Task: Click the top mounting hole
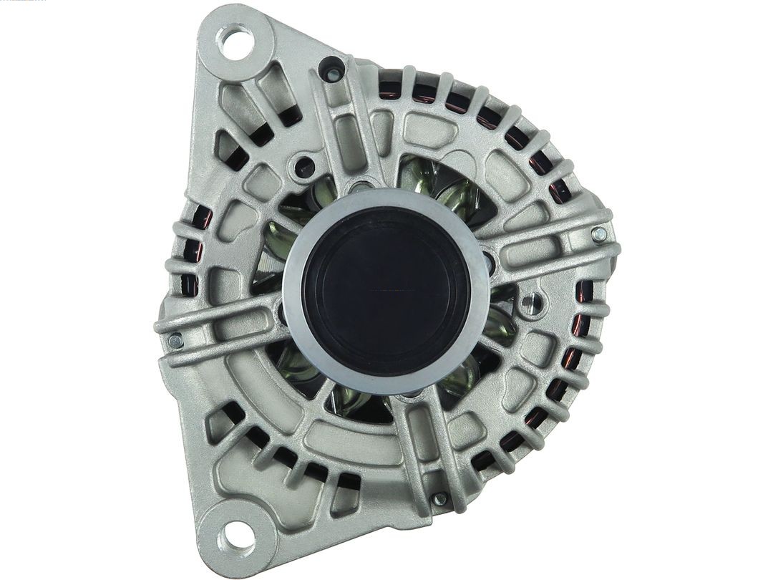click(x=237, y=42)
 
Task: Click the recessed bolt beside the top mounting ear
click(x=332, y=72)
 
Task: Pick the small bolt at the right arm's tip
click(x=599, y=234)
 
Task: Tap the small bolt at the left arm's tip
click(x=174, y=341)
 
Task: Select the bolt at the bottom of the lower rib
click(x=439, y=498)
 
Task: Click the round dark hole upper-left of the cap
click(x=306, y=168)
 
